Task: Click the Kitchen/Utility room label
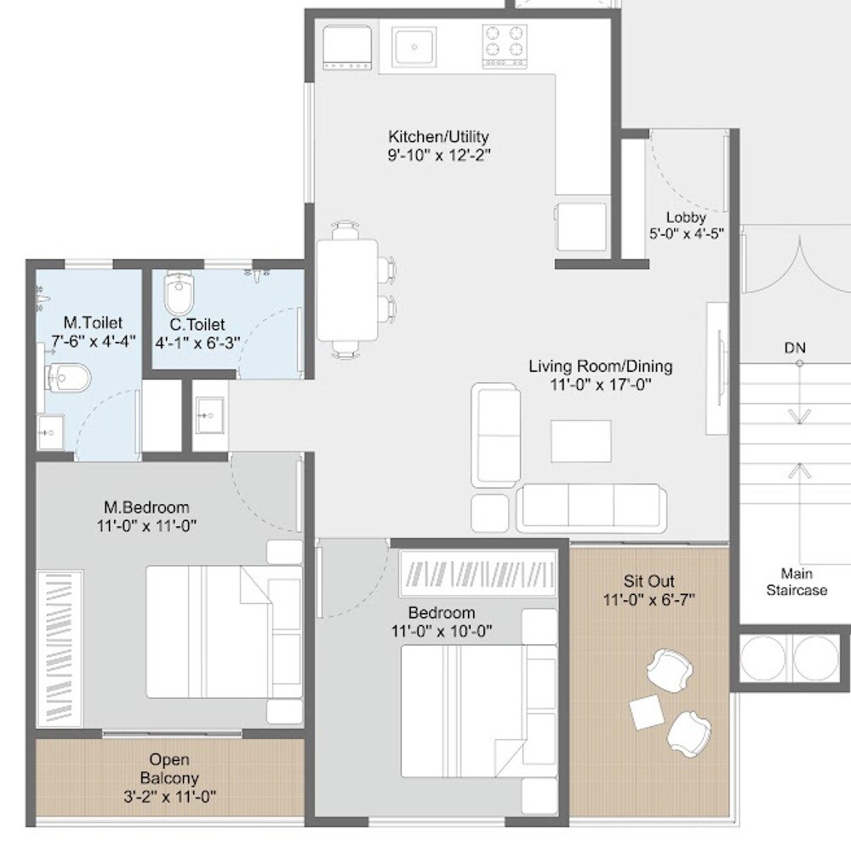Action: click(x=438, y=137)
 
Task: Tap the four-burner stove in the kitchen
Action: click(x=505, y=46)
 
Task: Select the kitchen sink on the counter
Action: click(x=414, y=46)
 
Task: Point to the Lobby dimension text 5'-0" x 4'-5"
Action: click(x=687, y=233)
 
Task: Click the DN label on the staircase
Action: click(x=795, y=348)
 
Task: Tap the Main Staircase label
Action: click(x=796, y=581)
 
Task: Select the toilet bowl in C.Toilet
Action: click(x=180, y=293)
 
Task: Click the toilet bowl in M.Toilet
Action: click(x=66, y=376)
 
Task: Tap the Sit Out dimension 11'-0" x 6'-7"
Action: click(x=648, y=599)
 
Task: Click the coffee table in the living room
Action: click(x=580, y=440)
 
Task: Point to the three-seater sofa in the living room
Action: click(x=591, y=507)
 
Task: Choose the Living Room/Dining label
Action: click(x=600, y=367)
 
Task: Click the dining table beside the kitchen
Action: click(x=347, y=289)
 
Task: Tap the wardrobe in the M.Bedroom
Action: click(x=60, y=647)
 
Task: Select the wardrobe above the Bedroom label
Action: click(x=477, y=570)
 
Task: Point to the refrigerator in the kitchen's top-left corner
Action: click(x=347, y=48)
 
